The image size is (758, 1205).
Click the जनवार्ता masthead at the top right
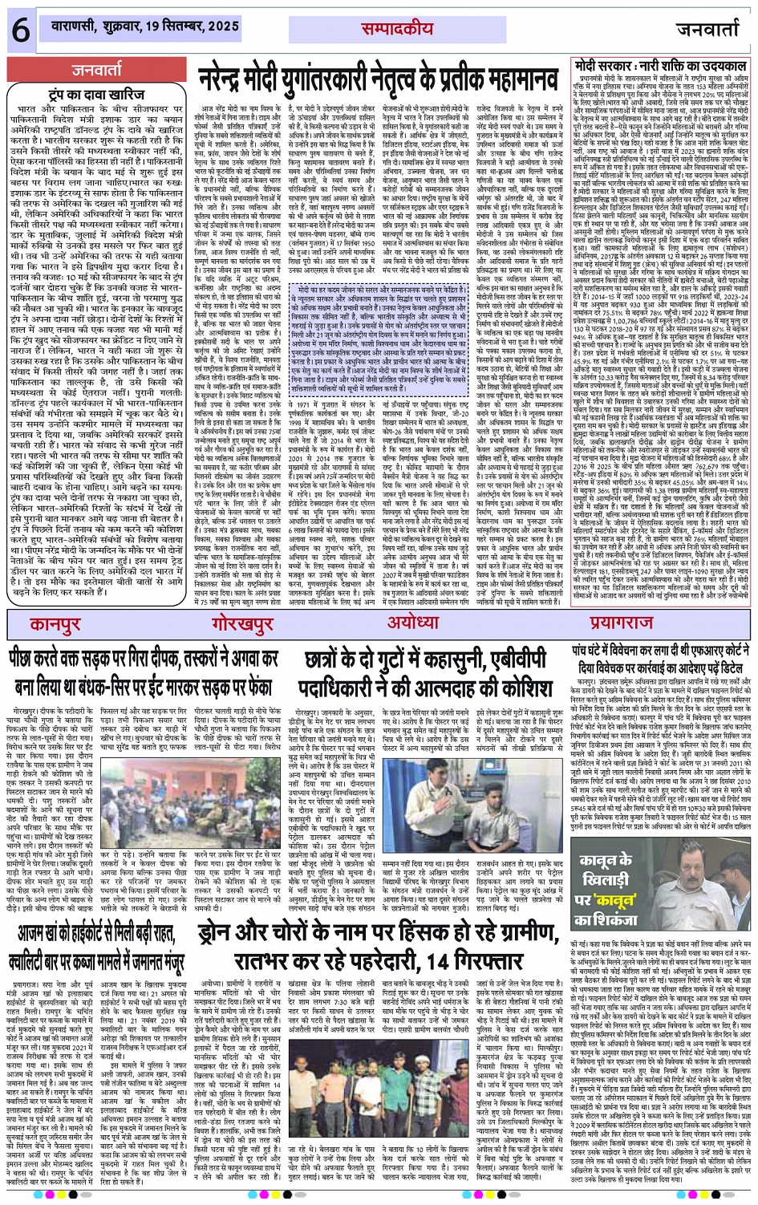(708, 30)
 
